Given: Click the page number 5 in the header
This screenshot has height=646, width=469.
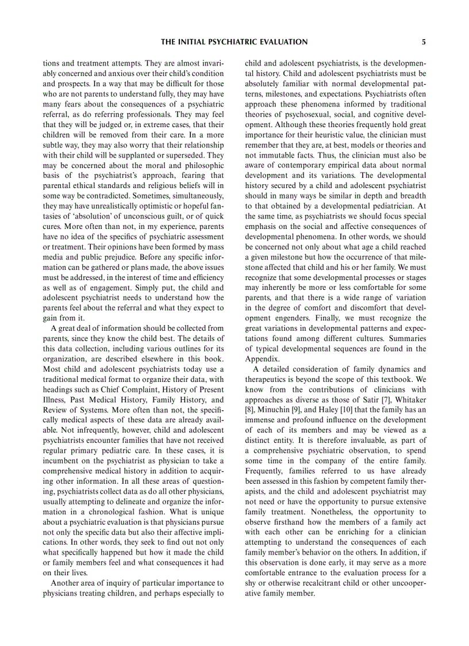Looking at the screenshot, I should pos(424,42).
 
